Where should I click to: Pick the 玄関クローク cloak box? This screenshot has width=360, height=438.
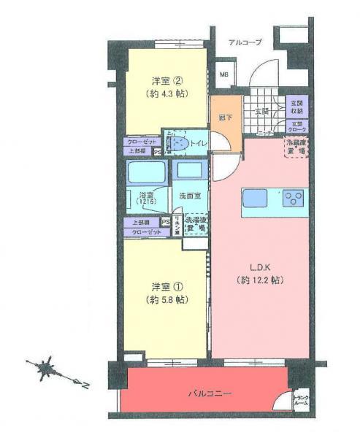[x=296, y=128]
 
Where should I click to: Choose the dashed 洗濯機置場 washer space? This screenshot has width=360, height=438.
[x=194, y=223]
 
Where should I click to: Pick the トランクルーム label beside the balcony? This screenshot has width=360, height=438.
[x=301, y=401]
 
